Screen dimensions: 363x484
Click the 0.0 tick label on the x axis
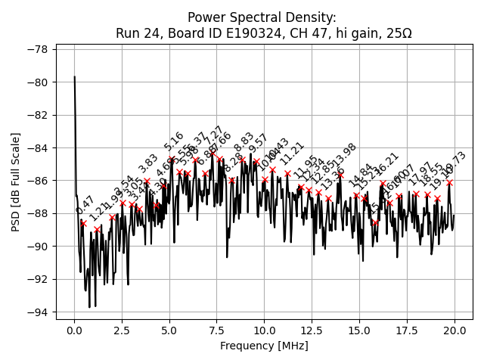click(x=74, y=331)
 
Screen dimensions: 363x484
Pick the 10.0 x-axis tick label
click(x=264, y=331)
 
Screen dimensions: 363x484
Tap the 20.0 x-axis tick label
click(x=455, y=331)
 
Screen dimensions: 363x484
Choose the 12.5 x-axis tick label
click(x=312, y=331)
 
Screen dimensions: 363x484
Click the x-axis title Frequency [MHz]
click(x=264, y=346)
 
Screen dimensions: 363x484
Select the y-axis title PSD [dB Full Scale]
click(x=16, y=181)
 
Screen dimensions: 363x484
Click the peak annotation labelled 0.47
click(x=85, y=204)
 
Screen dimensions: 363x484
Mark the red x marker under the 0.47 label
click(x=83, y=224)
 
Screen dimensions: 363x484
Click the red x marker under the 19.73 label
click(x=449, y=182)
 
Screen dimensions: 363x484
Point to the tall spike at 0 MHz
click(x=74, y=78)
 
